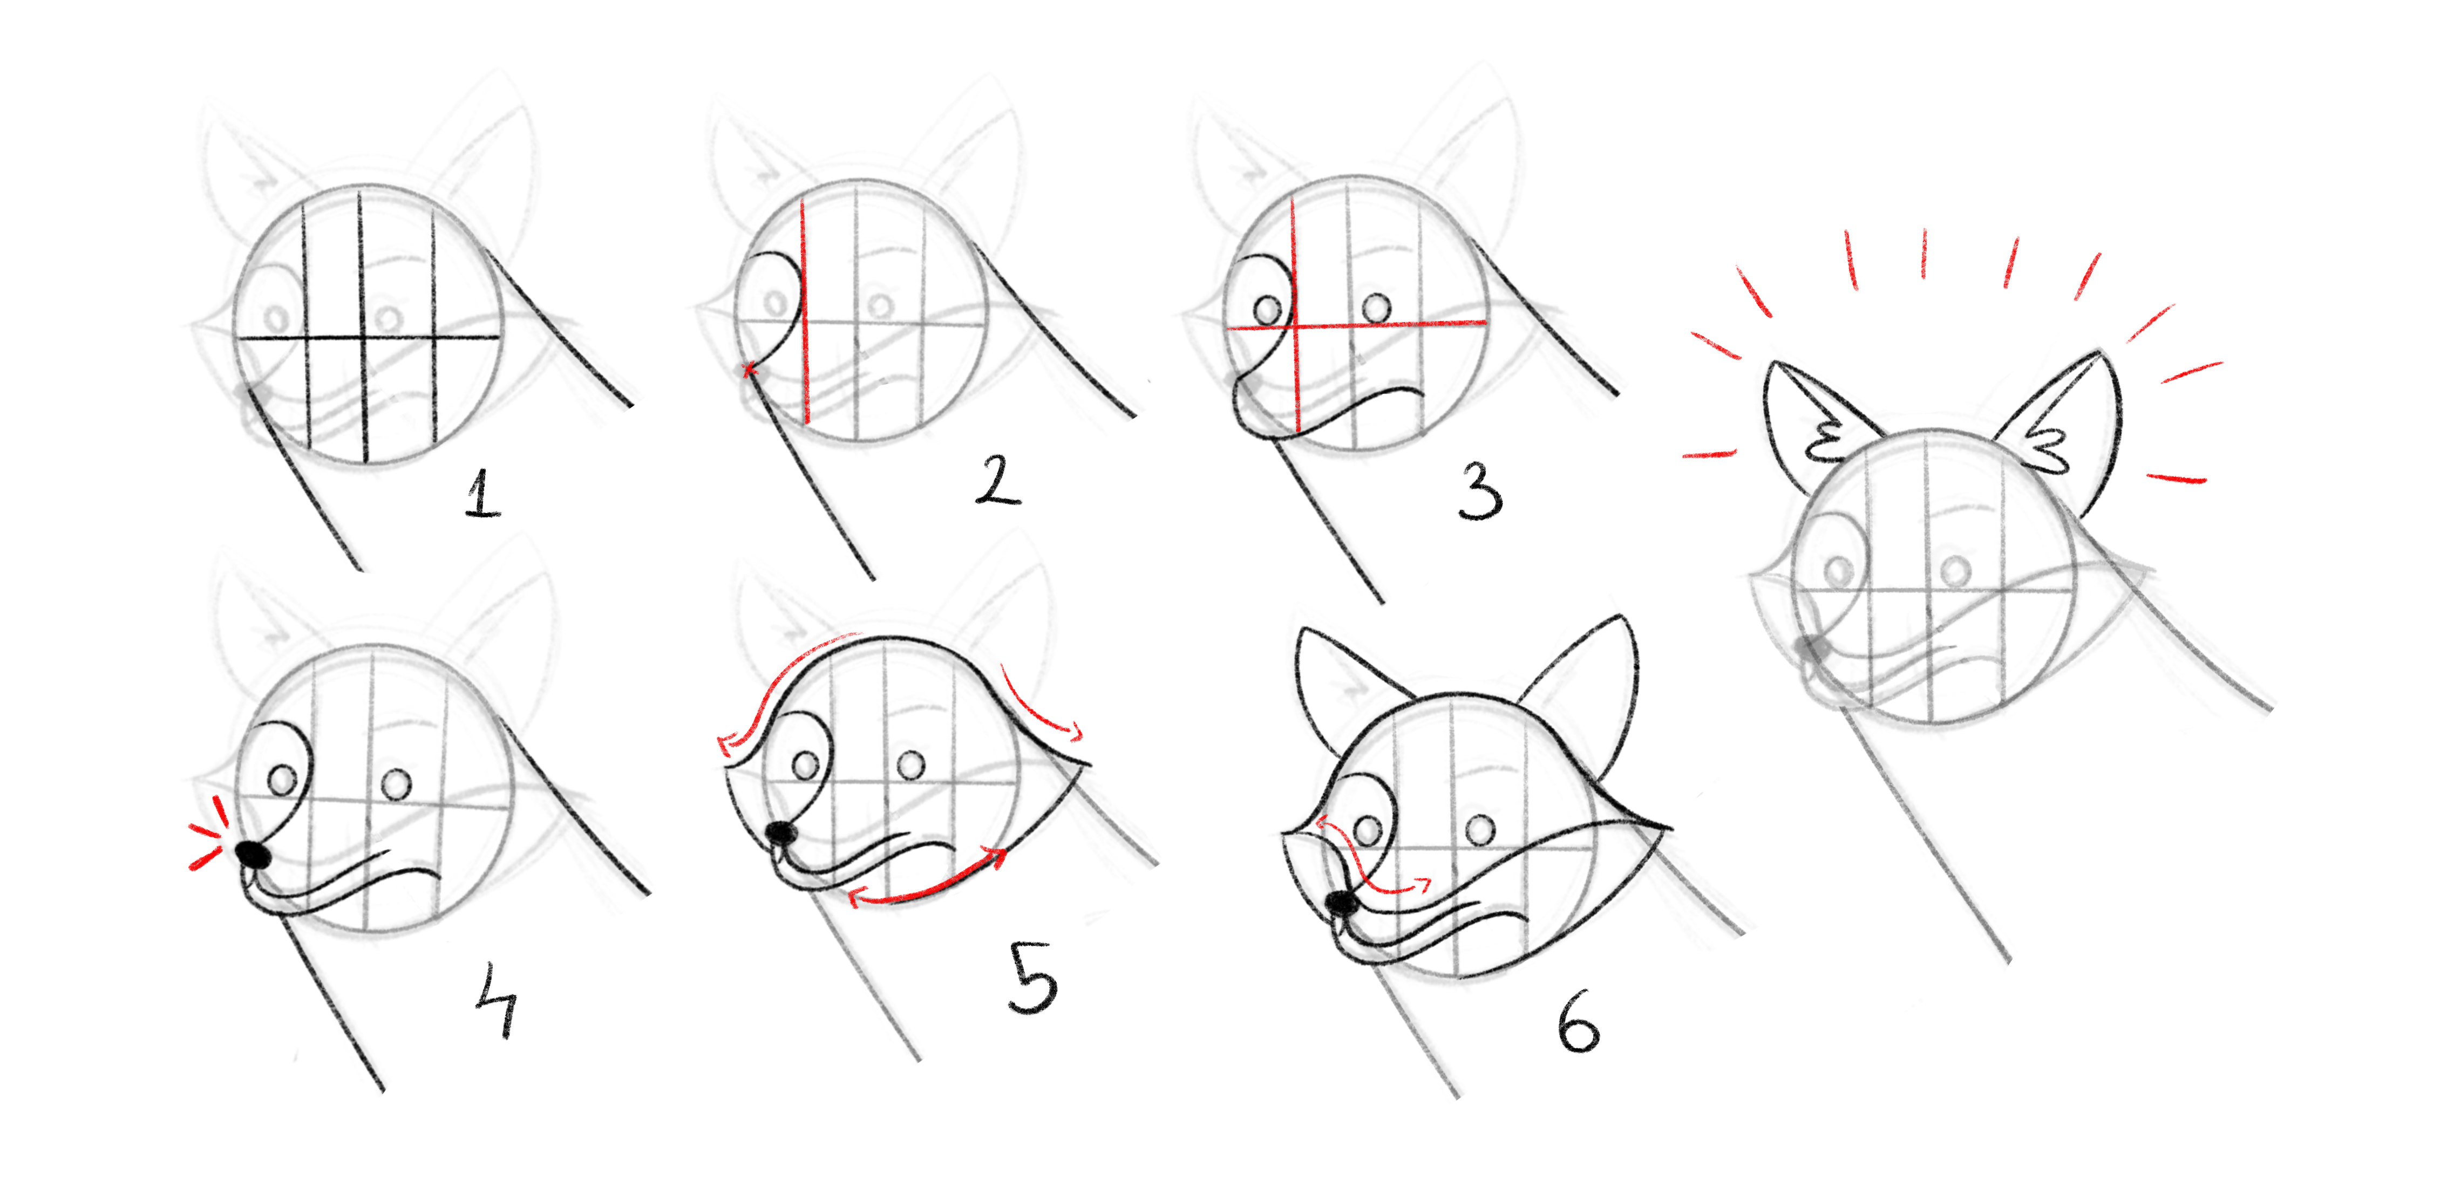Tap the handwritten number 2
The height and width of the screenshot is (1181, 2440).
[x=997, y=479]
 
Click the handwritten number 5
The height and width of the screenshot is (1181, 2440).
[x=1032, y=978]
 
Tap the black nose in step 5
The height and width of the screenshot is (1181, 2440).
[x=780, y=832]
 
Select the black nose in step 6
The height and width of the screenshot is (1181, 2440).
[x=1341, y=903]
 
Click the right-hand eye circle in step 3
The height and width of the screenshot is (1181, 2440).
[x=1376, y=308]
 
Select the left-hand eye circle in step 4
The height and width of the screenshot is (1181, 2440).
[x=282, y=780]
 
